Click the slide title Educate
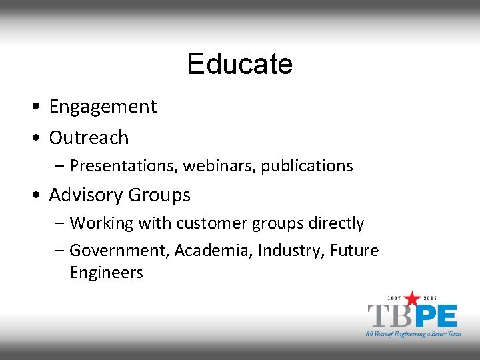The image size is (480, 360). tap(239, 64)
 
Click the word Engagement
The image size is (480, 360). tap(103, 107)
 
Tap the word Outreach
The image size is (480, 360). tap(89, 137)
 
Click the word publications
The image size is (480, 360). tap(307, 165)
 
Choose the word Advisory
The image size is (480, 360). tap(85, 195)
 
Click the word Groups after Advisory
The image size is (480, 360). tap(159, 195)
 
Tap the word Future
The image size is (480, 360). tap(355, 251)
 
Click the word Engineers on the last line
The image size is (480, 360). tap(106, 273)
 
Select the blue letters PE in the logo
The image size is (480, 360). tap(435, 315)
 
